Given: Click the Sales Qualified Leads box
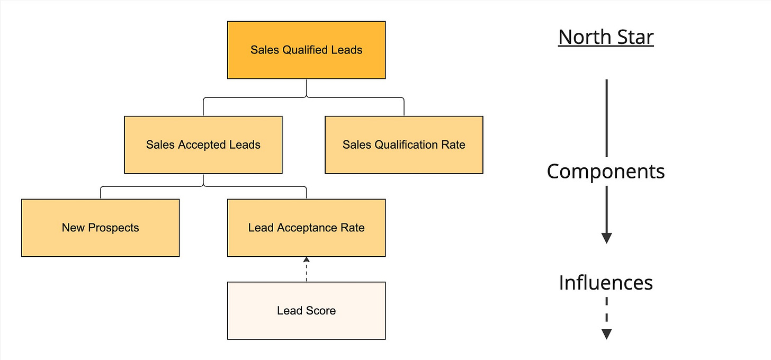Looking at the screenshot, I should pyautogui.click(x=306, y=50).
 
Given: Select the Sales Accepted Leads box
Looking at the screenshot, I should pyautogui.click(x=203, y=145).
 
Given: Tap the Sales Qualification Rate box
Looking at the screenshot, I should pyautogui.click(x=404, y=145).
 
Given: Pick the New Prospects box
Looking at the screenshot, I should pyautogui.click(x=100, y=228).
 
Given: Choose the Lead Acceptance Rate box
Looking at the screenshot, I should pyautogui.click(x=306, y=228).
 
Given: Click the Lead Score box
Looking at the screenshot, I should pyautogui.click(x=306, y=311).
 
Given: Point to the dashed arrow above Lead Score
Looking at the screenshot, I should pyautogui.click(x=306, y=269).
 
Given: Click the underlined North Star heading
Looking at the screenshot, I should pyautogui.click(x=606, y=37).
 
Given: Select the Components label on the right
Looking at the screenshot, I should pyautogui.click(x=606, y=172).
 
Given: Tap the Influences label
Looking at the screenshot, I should pyautogui.click(x=606, y=283).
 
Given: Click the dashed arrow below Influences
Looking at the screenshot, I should pyautogui.click(x=606, y=318).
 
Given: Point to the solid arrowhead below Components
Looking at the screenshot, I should pyautogui.click(x=606, y=238).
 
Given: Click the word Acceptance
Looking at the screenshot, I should pyautogui.click(x=307, y=228).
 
